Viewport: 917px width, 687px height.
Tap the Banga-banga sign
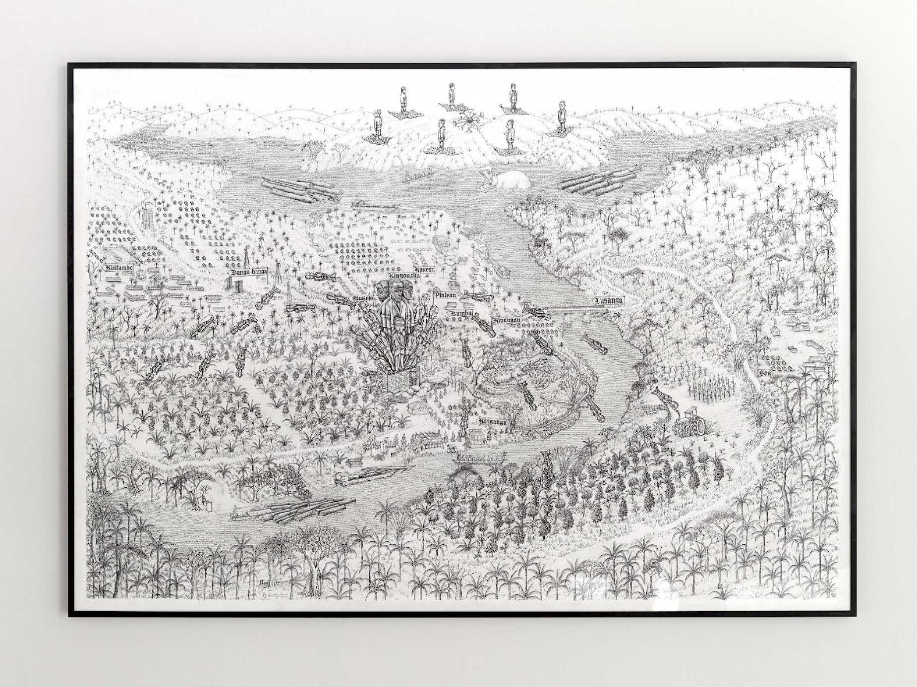click(248, 272)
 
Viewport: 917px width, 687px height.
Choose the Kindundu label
click(506, 321)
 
